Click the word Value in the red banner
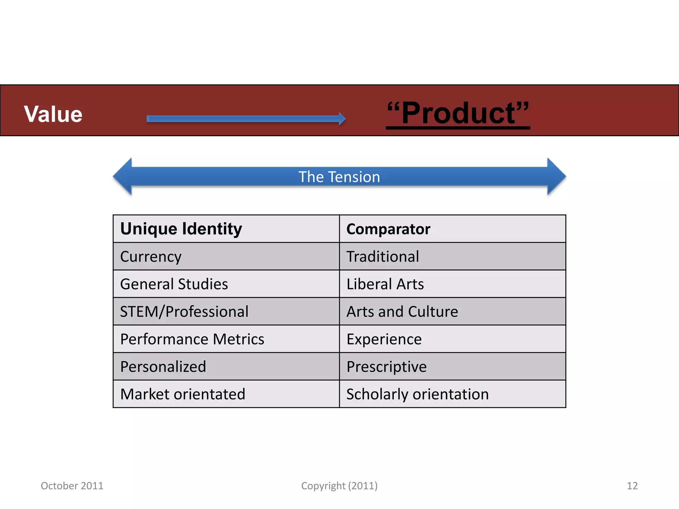coord(53,114)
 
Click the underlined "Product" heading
coord(458,113)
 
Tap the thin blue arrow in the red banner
coord(246,119)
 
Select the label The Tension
coord(339,177)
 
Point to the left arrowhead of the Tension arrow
coord(123,176)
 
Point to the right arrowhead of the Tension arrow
coord(556,176)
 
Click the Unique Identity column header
coord(181,229)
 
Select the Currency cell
coord(151,257)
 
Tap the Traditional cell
coord(383,257)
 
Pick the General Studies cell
coord(174,284)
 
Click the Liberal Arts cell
coord(385,284)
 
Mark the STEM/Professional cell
coord(184,312)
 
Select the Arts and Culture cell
coord(402,312)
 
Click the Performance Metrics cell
coord(192,339)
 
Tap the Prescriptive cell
coord(387,367)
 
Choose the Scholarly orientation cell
coord(417,394)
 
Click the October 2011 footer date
coord(72,486)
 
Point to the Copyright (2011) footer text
coord(339,486)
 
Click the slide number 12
coord(632,486)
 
